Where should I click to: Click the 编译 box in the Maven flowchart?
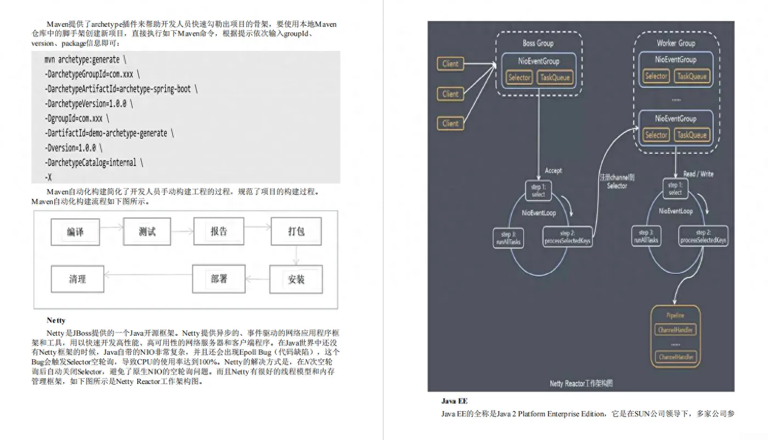coord(76,232)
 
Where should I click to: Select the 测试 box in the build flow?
coord(147,232)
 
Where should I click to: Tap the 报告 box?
coord(218,231)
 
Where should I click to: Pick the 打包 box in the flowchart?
coord(296,231)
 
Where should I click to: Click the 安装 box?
coord(296,280)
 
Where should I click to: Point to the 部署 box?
coord(218,279)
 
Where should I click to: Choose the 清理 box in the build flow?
coord(77,279)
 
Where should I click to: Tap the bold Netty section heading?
coord(56,320)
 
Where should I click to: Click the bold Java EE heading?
coord(454,401)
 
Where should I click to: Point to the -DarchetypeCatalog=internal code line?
coord(94,163)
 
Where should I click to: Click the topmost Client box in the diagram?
coord(450,64)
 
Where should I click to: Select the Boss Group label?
coord(538,43)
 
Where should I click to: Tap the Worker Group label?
coord(676,43)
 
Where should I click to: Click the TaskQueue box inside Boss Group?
coord(555,77)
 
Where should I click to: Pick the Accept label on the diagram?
coord(553,171)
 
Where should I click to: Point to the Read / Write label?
coord(698,174)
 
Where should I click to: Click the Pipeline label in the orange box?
coord(675,316)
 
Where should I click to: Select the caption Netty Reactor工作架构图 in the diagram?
coord(581,383)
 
